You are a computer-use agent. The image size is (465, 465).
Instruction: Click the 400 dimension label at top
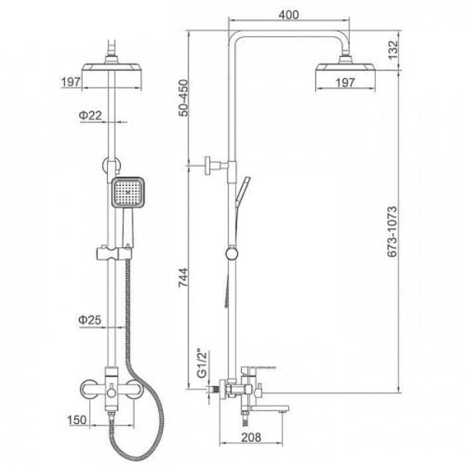(x=288, y=14)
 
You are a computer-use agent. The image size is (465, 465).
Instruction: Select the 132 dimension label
(x=393, y=50)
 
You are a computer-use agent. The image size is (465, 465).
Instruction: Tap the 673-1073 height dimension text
(x=392, y=231)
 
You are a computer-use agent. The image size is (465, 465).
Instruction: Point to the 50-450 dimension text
(x=183, y=98)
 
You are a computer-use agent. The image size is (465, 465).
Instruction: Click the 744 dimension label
(x=183, y=277)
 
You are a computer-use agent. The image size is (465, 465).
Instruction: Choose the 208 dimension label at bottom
(x=251, y=437)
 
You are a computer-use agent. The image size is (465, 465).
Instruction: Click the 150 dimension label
(x=77, y=420)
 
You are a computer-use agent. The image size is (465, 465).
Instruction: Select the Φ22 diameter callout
(x=90, y=115)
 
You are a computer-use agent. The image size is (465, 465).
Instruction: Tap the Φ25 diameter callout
(x=90, y=319)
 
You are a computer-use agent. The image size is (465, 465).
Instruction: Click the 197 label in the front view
(x=71, y=82)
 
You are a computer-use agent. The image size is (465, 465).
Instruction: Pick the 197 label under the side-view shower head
(x=345, y=82)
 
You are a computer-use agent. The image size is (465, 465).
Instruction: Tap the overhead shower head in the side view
(x=346, y=67)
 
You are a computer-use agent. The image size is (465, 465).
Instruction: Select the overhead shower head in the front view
(x=112, y=66)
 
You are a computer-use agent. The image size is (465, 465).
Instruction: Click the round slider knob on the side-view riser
(x=232, y=254)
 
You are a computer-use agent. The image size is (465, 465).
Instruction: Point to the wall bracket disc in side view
(x=208, y=166)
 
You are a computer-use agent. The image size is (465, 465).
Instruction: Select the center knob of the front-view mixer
(x=112, y=393)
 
